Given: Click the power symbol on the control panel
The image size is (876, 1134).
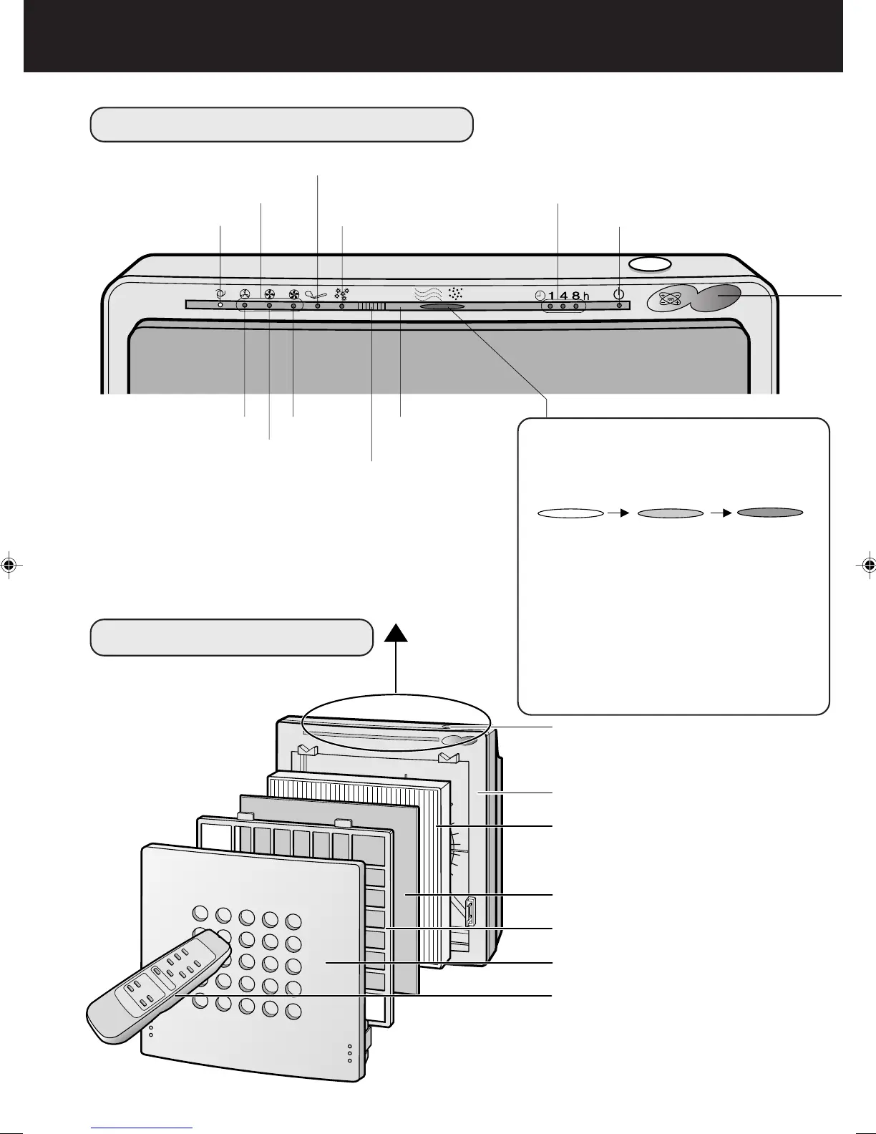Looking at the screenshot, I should [619, 294].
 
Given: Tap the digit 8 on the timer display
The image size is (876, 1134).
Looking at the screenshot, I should [575, 296].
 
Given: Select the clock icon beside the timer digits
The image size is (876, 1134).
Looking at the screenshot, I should [540, 295].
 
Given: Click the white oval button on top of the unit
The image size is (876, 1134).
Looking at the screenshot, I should [650, 264].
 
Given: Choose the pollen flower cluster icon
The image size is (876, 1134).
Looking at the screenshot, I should [341, 294].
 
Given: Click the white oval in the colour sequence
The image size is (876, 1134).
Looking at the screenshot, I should [570, 513].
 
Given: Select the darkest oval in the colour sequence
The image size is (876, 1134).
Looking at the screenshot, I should [770, 513].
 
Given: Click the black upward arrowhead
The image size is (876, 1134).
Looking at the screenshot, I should [395, 634].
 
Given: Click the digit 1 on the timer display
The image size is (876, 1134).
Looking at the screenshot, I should [552, 296].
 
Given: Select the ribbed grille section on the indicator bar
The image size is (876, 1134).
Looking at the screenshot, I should [371, 306].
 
